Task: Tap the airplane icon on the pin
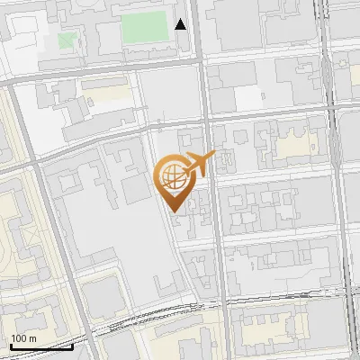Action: pos(199,164)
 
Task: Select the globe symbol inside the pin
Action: pos(173,176)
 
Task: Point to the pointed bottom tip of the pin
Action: pos(174,214)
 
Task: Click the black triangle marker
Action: pos(181,24)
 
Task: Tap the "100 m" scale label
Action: pos(23,338)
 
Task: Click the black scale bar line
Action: pos(40,346)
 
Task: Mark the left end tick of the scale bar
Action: pos(9,345)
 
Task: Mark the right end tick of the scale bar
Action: pos(73,345)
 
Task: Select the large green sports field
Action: pos(144,27)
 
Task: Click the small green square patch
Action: pos(67,40)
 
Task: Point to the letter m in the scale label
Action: pos(32,338)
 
